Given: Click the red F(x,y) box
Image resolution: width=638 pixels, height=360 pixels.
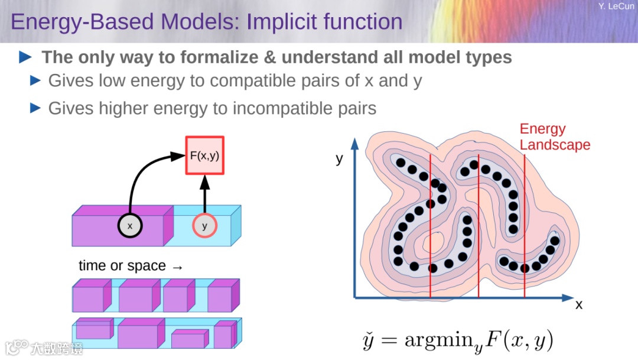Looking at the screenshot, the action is [205, 156].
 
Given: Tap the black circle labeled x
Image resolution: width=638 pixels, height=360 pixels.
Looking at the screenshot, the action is [130, 225].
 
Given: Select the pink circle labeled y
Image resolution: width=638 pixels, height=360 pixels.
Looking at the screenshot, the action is [204, 226].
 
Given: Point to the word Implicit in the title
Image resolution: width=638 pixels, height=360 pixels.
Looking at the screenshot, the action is [281, 22].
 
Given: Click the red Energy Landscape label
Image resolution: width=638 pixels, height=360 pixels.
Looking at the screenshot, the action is [555, 137].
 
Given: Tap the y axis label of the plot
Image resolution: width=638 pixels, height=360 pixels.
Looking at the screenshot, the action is [339, 158].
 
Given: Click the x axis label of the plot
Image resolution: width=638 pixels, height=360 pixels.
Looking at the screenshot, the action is [579, 304].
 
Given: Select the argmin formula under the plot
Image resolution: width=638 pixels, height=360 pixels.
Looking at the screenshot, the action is [458, 340].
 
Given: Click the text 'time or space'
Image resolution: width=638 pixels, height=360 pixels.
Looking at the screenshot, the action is [122, 266].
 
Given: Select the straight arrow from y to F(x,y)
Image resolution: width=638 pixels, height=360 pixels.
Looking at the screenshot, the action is [205, 195].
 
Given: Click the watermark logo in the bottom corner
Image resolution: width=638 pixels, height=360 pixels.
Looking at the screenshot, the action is [18, 346].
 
